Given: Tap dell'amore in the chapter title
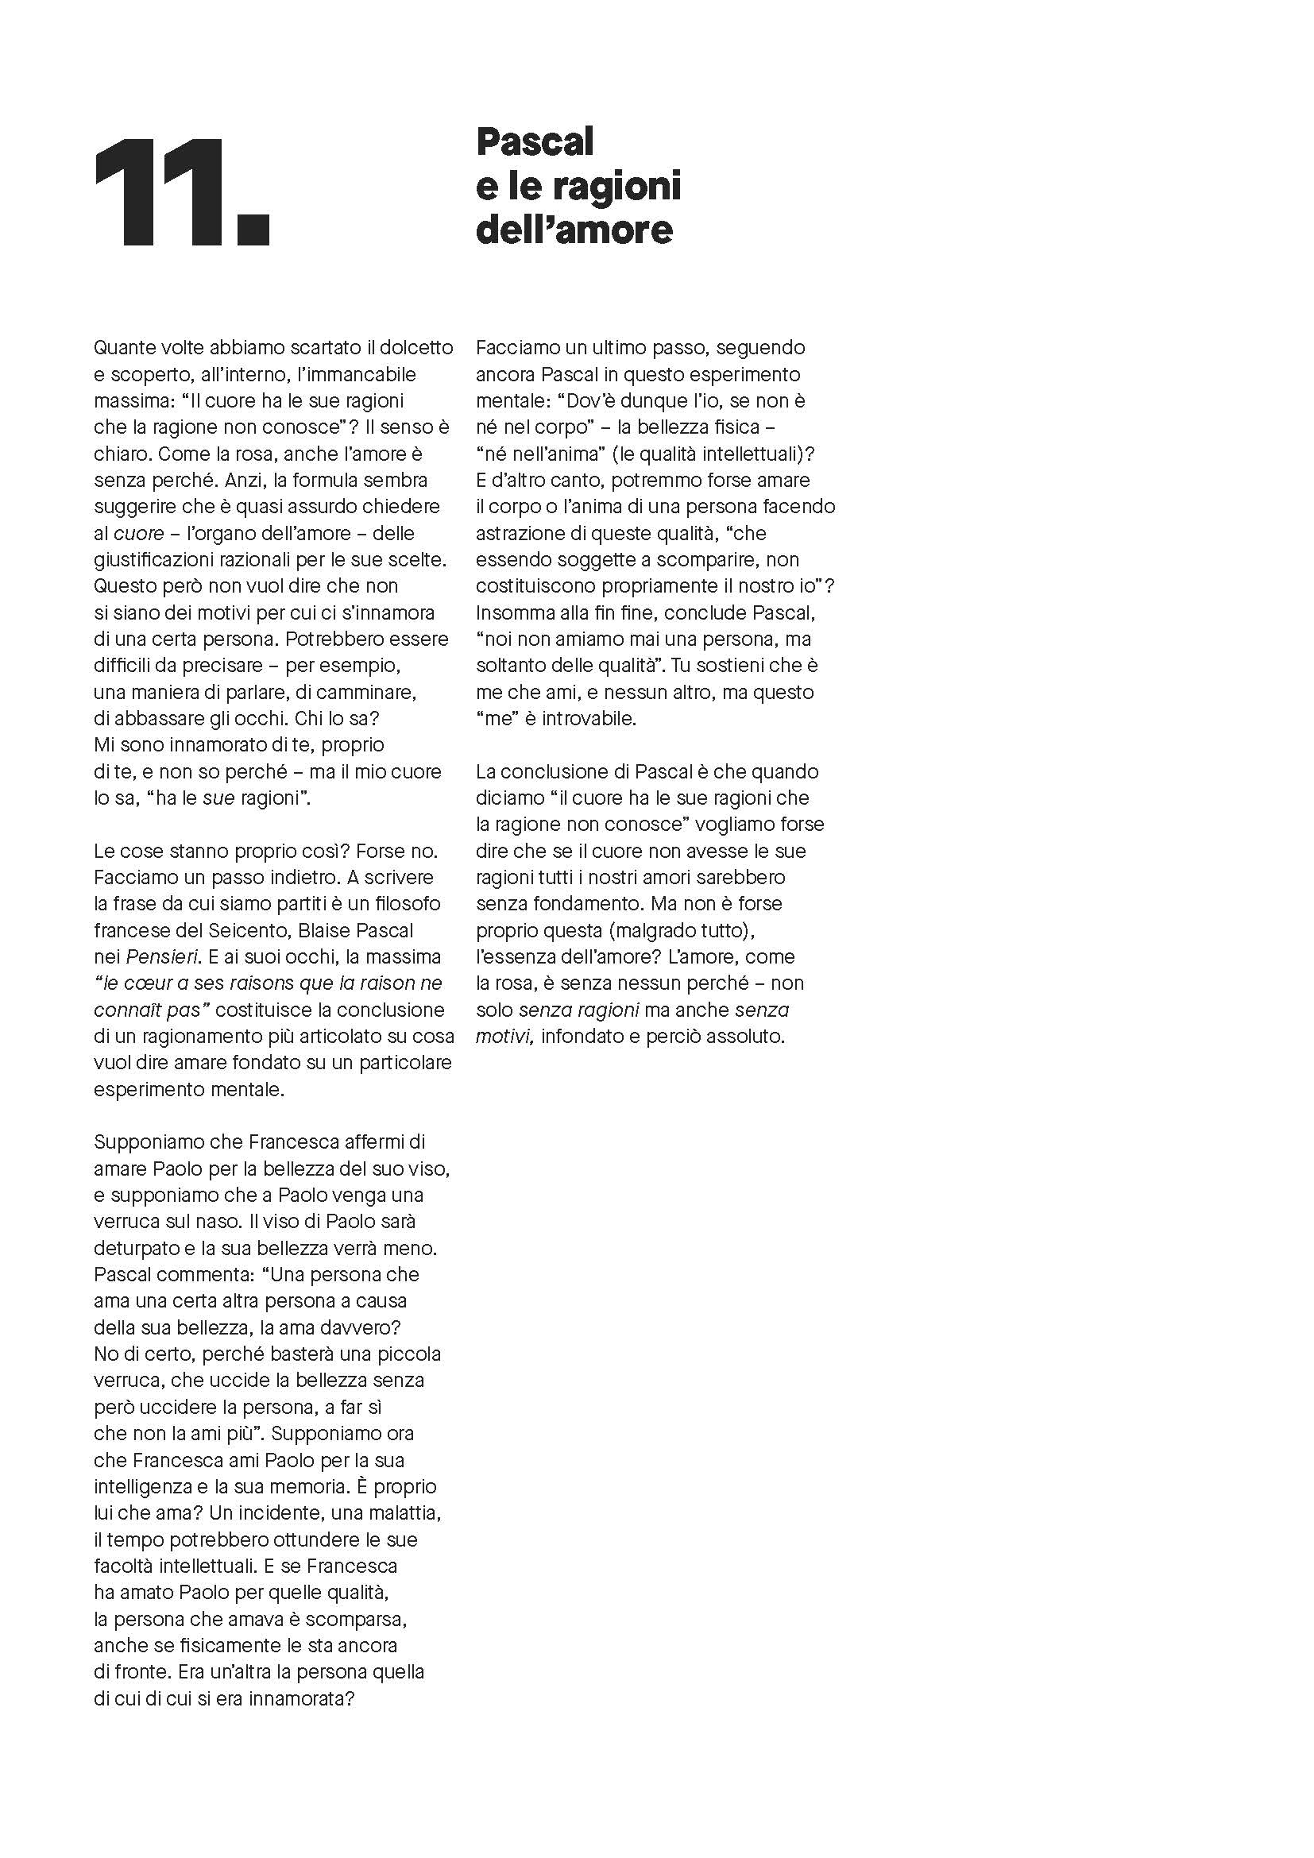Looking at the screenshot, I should pos(574,230).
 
